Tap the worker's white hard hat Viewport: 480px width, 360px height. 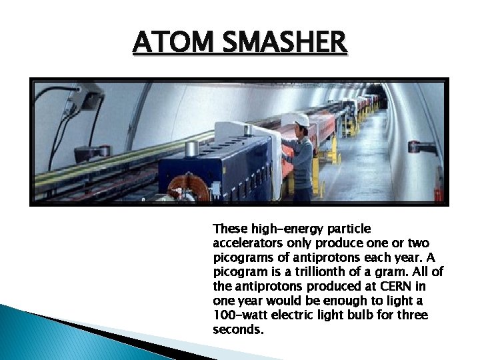pos(298,119)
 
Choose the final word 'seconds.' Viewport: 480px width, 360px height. pos(238,329)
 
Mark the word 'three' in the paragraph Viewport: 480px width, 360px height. pos(413,315)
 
